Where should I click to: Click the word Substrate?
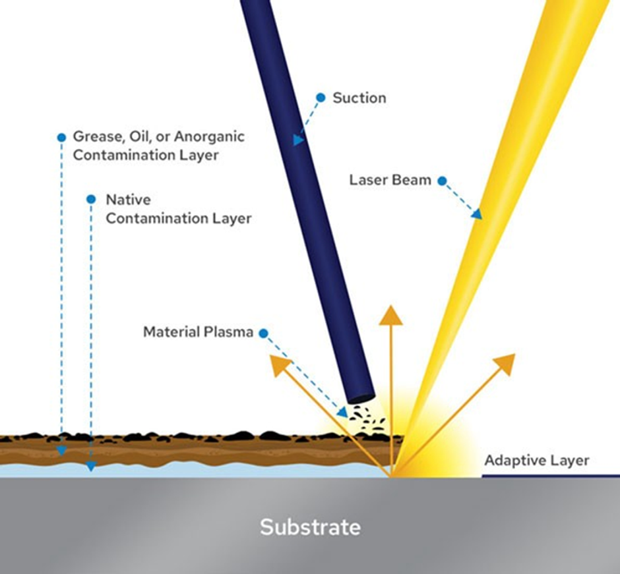(x=310, y=527)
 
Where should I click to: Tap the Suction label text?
(x=359, y=98)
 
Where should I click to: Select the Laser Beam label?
(x=390, y=180)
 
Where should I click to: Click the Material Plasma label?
(x=198, y=332)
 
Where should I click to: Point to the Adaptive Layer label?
(x=537, y=461)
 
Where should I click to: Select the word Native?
(x=128, y=200)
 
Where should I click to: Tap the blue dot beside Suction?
(x=321, y=98)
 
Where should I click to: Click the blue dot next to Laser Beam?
(x=442, y=181)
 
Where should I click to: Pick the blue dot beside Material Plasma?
(x=263, y=333)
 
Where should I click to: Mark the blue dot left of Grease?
(x=61, y=138)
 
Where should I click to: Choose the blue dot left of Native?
(x=91, y=199)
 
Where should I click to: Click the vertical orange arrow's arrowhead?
(x=390, y=316)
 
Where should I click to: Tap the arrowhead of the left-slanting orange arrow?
(x=280, y=364)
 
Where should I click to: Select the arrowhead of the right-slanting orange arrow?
(x=505, y=364)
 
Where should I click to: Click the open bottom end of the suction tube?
(x=360, y=397)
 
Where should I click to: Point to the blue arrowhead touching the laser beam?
(x=478, y=214)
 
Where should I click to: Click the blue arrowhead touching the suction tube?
(x=299, y=140)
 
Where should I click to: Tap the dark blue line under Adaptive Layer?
(x=551, y=476)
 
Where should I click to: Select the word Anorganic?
(x=209, y=136)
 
